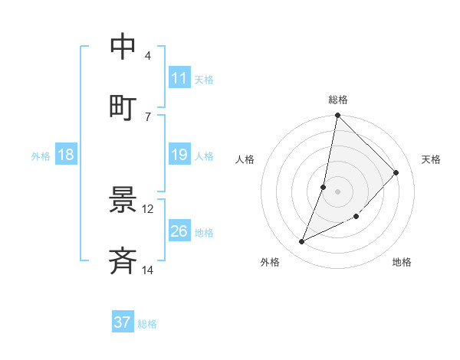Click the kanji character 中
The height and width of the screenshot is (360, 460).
pos(123,47)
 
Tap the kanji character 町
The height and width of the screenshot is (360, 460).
pos(123,107)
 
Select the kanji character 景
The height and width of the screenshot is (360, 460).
pos(123,200)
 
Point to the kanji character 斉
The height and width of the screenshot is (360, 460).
pos(123,261)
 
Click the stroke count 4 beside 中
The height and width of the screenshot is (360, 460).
pos(148,56)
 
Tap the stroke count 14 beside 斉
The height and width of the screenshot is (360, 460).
pos(148,270)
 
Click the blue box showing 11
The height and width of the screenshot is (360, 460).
pos(179,78)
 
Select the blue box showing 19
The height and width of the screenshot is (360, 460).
pos(179,155)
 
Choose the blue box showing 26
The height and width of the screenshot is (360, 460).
pos(179,231)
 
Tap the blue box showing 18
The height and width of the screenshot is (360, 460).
pos(66,155)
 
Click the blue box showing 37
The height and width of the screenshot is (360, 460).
pos(123,322)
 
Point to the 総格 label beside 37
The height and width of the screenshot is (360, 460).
pos(147,324)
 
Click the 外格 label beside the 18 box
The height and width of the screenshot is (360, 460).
pos(41,155)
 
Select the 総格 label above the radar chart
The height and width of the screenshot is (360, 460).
pos(338,100)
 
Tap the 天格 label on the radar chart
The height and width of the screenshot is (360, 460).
pos(432,159)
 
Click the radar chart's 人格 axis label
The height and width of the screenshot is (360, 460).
pos(245,159)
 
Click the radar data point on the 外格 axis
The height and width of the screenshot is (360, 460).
pos(302,242)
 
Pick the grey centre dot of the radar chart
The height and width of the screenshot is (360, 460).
pos(338,191)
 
